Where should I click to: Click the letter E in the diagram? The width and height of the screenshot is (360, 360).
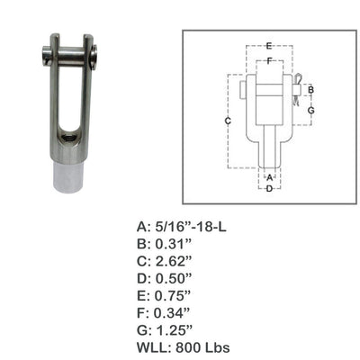pos(269,44)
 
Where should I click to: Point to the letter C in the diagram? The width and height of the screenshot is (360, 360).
pos(228,120)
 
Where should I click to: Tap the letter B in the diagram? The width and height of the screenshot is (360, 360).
pos(310,90)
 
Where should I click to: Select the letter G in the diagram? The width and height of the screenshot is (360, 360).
pos(310,110)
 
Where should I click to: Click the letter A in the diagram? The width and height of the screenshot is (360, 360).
pos(269,176)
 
